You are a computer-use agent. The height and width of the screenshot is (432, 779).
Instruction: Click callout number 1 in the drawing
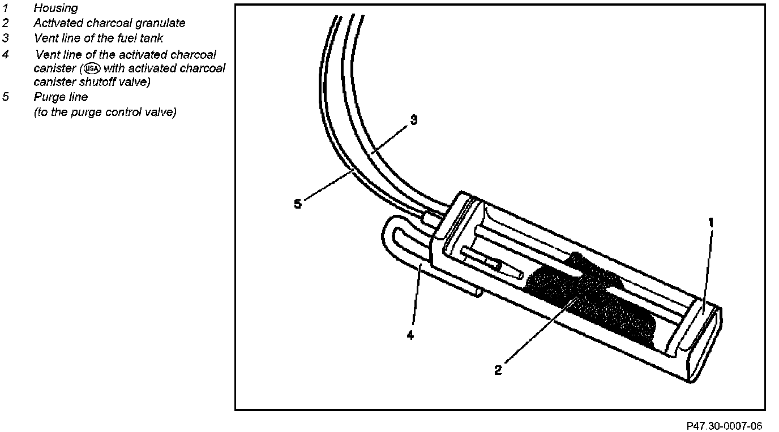point(711,223)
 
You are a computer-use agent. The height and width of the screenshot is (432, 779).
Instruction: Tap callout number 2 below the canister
point(498,370)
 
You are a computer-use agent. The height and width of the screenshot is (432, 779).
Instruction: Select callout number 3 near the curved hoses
point(414,120)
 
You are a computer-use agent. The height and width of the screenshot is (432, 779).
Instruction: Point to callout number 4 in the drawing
point(410,335)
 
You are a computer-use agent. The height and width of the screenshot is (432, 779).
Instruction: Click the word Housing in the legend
point(55,8)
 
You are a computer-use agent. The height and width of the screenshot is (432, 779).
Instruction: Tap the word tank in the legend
point(151,38)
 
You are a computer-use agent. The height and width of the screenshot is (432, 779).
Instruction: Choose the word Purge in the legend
point(47,97)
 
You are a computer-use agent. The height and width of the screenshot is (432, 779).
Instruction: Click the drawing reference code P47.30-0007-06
point(724,425)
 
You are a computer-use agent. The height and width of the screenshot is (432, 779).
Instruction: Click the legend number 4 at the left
point(5,54)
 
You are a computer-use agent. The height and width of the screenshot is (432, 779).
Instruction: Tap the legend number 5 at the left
point(5,97)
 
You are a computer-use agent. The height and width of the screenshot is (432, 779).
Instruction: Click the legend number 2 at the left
point(5,23)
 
